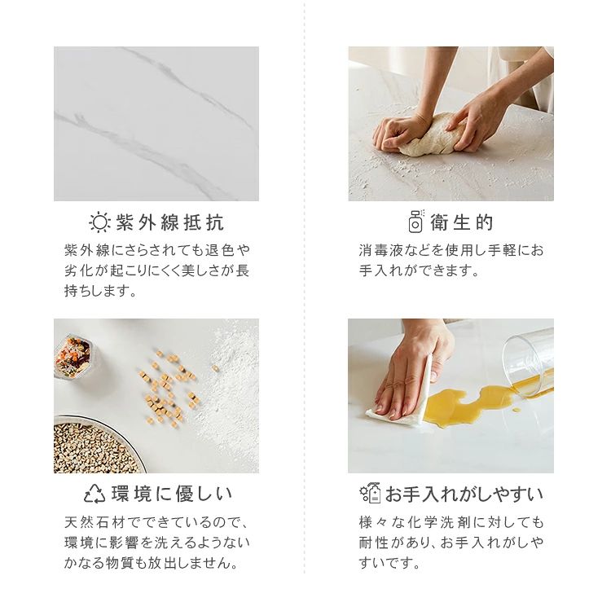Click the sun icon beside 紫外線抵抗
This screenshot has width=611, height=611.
tap(99, 222)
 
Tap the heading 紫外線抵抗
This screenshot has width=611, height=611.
tap(170, 222)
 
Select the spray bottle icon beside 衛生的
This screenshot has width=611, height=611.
tap(416, 221)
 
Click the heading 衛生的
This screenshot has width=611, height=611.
tap(462, 222)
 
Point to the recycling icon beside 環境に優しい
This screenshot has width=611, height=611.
tap(95, 494)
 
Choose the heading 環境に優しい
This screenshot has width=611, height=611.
tap(172, 494)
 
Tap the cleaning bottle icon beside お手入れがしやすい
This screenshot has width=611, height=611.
tap(370, 493)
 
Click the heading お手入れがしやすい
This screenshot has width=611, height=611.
tap(464, 495)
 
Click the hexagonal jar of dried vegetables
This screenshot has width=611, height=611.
tap(72, 357)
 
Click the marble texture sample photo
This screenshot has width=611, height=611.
tap(156, 124)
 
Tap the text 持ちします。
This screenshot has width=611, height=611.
tap(101, 291)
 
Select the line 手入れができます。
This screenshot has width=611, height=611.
tap(420, 270)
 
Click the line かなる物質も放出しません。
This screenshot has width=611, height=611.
tap(152, 562)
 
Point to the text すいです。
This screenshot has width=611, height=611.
tap(389, 562)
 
